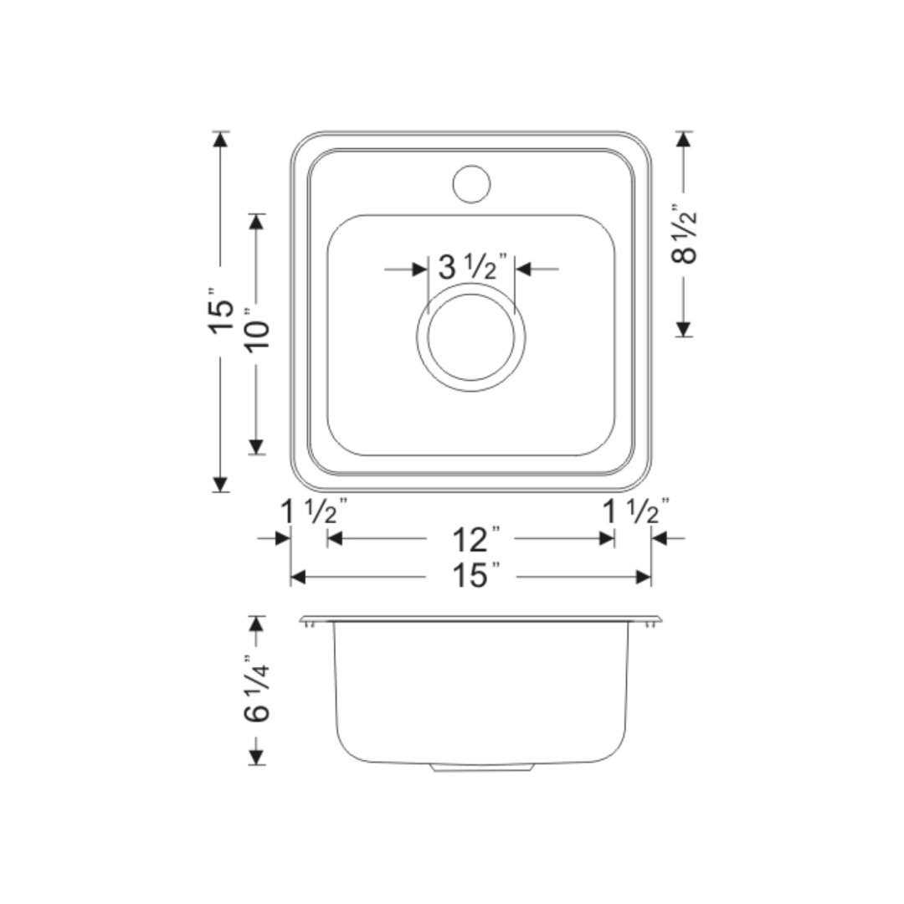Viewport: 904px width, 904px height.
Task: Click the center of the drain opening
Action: pos(470,337)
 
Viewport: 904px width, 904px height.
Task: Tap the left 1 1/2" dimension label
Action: pos(314,511)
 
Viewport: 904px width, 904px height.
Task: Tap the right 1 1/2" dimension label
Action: pos(636,511)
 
